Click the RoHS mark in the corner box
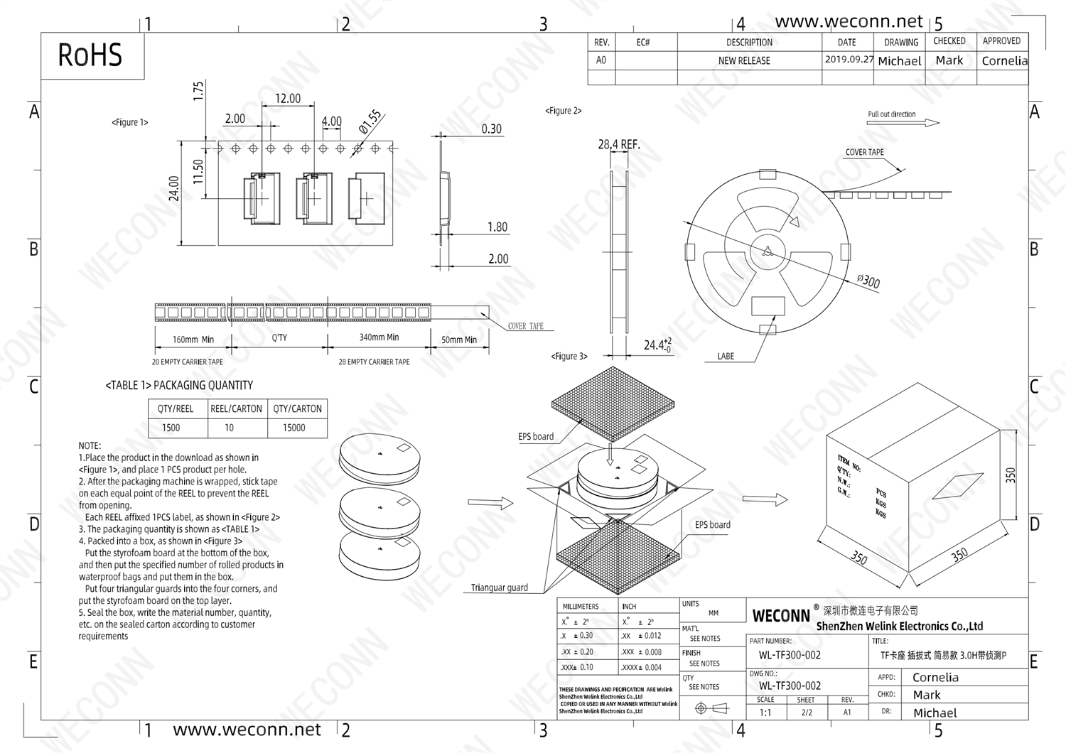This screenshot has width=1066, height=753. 90,55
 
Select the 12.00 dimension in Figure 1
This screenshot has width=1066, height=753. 288,99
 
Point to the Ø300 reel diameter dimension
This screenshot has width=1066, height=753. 868,281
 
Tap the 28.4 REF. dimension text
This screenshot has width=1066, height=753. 619,145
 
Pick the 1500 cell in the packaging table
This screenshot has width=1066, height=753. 171,428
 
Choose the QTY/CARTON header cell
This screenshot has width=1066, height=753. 297,408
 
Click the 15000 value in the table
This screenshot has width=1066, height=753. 294,428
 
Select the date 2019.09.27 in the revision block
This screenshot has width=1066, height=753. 849,60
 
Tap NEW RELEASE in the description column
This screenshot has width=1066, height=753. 744,61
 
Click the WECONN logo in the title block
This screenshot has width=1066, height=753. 781,616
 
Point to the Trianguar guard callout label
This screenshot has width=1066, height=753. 500,587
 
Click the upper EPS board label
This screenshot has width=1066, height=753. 536,437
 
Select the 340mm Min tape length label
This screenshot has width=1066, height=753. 379,337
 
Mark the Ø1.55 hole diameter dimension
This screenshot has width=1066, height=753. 370,122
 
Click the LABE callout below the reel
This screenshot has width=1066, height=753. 726,356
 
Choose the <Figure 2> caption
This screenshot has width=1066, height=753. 564,111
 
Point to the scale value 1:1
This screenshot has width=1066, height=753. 765,713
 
